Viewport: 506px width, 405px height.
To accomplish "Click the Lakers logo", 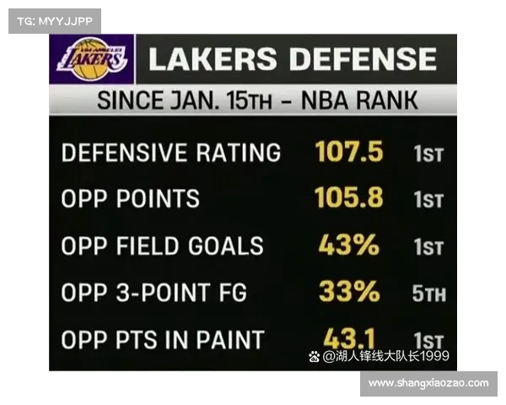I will (92, 59).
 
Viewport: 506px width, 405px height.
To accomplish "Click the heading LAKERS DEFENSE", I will (293, 59).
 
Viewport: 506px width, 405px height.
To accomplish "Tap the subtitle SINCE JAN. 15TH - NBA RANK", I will (257, 101).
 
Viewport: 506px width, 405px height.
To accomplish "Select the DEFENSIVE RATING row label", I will (171, 153).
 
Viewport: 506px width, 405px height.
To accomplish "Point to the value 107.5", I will (349, 152).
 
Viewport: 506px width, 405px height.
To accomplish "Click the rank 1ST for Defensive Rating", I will (428, 154).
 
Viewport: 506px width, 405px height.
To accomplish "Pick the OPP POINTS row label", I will (131, 199).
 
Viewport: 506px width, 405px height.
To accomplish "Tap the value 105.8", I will (349, 198).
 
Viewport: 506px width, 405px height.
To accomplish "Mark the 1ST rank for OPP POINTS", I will (428, 201).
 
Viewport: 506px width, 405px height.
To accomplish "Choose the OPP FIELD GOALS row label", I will (163, 246).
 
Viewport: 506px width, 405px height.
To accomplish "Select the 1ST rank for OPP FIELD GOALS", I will (428, 248).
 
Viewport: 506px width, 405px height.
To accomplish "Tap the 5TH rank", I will (429, 294).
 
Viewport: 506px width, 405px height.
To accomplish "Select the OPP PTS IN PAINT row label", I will (163, 340).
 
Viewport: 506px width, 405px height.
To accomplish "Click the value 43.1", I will (349, 337).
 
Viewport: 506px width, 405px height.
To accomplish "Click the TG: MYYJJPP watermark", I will (55, 21).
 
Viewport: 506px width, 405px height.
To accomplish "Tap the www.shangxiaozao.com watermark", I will (428, 383).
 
